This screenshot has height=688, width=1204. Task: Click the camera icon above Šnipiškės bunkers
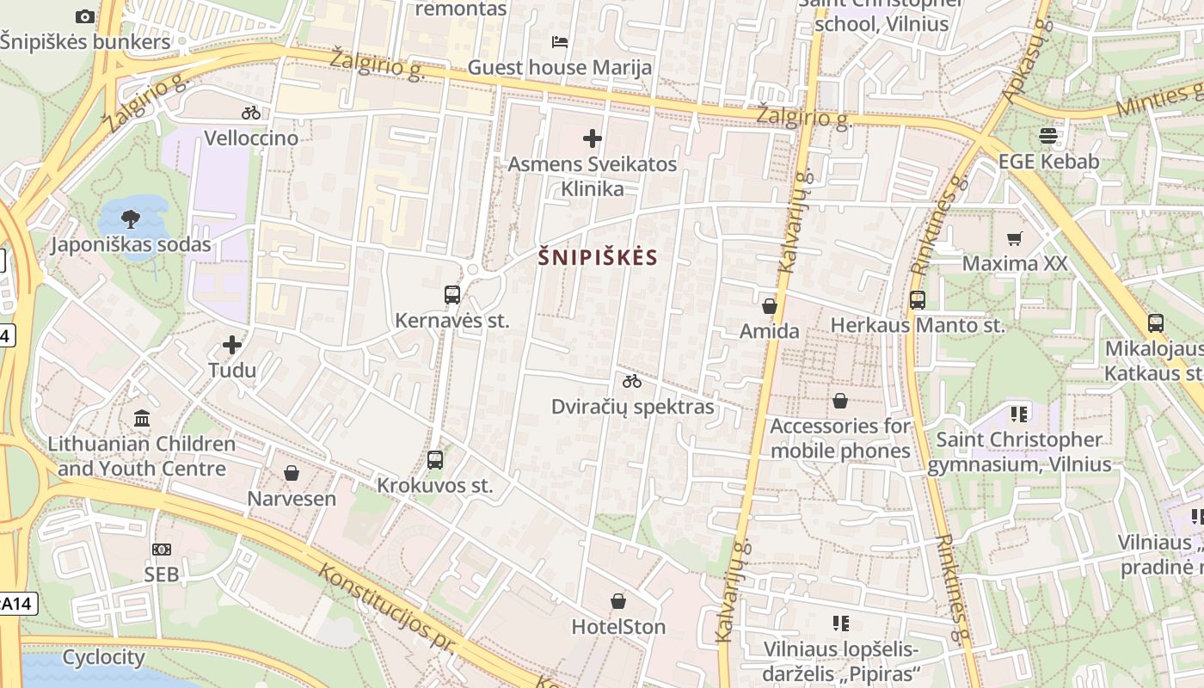pos(84,16)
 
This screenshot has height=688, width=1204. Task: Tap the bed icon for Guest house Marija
pos(560,41)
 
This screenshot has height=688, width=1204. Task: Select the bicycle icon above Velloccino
pos(251,113)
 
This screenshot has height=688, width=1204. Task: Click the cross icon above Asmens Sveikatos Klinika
pos(593,138)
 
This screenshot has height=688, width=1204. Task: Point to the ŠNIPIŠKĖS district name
pos(598,257)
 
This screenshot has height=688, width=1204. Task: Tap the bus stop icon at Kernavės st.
pos(452,295)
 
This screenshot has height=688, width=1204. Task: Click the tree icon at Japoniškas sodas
pos(131,218)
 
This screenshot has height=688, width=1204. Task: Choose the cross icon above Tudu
pos(232,345)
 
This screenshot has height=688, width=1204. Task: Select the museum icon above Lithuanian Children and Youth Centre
pos(142,419)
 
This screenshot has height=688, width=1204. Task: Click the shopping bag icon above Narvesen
pos(292,473)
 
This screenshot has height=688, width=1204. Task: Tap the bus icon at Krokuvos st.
pos(435,460)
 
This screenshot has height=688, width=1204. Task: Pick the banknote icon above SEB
pos(161,549)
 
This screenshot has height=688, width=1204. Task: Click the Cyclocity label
pos(103,658)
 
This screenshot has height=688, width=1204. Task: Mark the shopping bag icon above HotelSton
pos(618,601)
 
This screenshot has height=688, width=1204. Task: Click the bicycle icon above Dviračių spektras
pos(632,381)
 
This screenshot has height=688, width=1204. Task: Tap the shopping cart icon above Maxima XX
pos(1015,238)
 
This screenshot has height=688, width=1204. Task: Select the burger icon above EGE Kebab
pos(1048,136)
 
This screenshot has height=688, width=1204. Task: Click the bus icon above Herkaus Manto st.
pos(918,300)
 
